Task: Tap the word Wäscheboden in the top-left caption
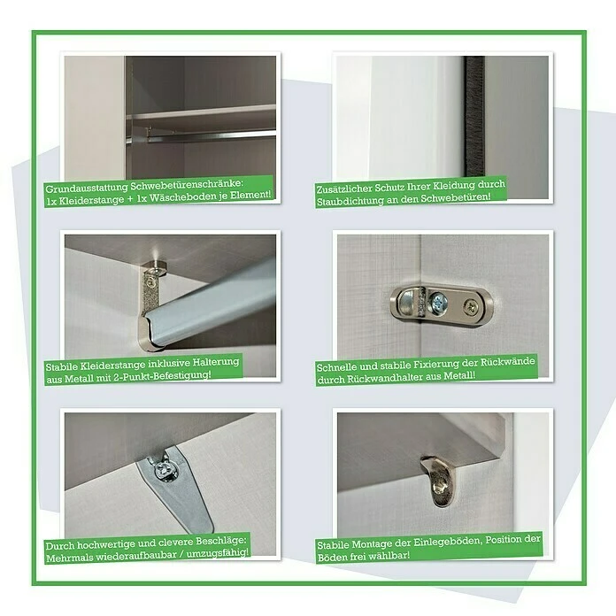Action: click(185, 194)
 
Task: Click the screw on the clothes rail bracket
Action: click(151, 282)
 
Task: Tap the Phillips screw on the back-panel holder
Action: click(470, 308)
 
